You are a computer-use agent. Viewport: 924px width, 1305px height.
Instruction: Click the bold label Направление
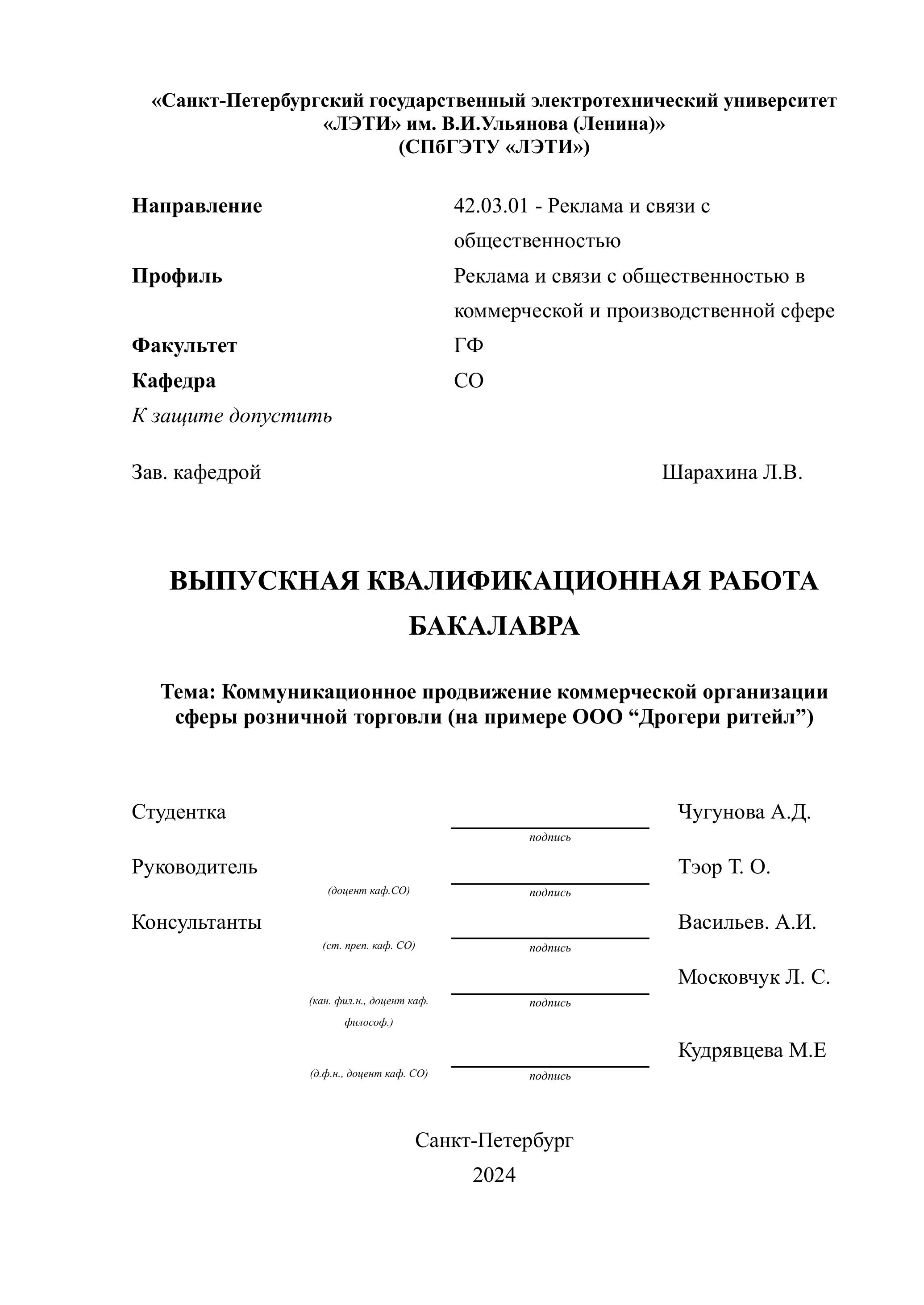(197, 205)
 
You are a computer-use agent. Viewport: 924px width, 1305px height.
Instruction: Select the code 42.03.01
(491, 206)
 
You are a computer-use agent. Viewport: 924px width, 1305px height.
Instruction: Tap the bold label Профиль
(177, 276)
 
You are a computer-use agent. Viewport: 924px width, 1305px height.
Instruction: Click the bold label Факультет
(184, 345)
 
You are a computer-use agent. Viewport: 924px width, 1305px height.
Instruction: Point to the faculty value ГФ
(468, 345)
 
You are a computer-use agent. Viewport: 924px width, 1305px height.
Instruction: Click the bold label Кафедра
(174, 381)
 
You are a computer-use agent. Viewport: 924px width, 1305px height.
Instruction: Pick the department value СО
(468, 381)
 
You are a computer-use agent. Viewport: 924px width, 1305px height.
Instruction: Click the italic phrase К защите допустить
(232, 416)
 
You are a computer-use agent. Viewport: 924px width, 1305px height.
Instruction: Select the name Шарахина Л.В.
(732, 472)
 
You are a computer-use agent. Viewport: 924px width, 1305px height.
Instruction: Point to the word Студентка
(179, 812)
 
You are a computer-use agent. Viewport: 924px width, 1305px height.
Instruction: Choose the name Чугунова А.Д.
(744, 812)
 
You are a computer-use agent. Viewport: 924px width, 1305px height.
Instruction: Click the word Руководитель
(195, 867)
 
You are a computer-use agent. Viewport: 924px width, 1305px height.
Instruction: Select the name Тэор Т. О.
(724, 867)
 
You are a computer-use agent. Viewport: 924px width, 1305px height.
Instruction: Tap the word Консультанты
(196, 922)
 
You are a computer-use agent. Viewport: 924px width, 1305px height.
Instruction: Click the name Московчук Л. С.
(754, 977)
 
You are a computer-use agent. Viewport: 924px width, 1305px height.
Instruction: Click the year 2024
(494, 1174)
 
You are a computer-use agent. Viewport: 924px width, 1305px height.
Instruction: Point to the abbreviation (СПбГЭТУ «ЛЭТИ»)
(494, 147)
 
